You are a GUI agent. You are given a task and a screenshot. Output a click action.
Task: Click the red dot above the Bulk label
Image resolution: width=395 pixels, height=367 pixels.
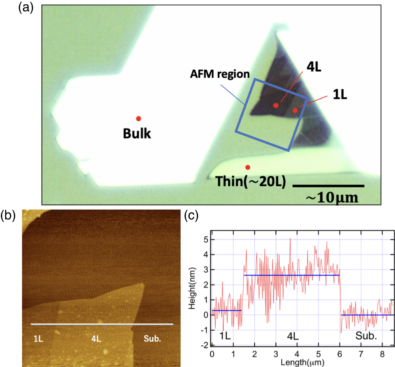tap(138, 119)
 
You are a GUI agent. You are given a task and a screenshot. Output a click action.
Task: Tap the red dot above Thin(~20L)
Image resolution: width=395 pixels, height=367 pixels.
tap(248, 167)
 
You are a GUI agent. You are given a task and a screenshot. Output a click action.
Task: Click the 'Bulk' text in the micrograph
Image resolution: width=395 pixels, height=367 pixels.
tap(137, 134)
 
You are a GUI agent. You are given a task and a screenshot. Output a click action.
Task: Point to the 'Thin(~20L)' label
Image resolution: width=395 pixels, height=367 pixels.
tap(250, 182)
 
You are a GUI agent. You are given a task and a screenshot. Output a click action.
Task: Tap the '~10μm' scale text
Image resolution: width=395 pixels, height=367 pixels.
tap(332, 197)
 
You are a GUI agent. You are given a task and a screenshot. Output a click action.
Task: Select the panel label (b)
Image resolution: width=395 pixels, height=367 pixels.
tap(9, 216)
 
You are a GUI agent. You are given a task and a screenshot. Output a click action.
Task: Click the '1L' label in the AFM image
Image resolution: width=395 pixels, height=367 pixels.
tap(38, 339)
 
